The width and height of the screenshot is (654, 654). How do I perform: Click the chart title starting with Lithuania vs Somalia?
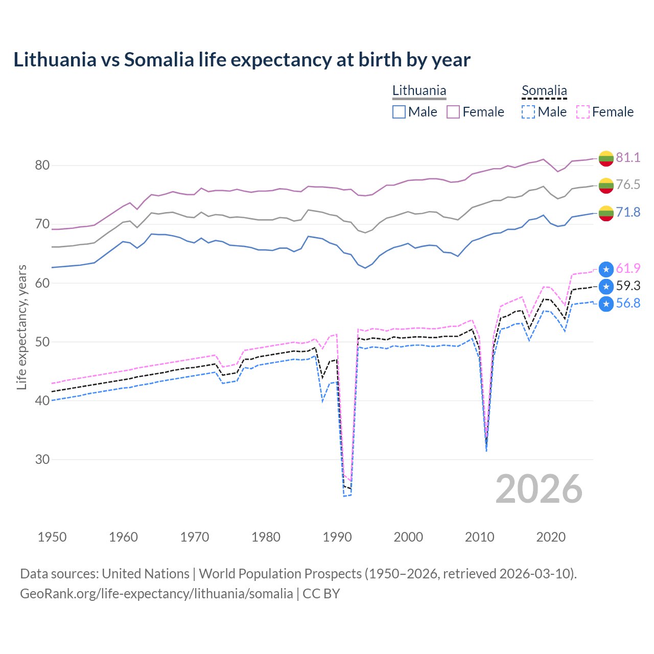click(242, 60)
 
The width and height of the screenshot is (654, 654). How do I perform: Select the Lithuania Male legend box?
click(399, 112)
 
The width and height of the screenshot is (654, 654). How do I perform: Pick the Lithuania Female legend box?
click(453, 112)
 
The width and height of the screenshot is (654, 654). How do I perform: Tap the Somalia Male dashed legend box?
click(528, 112)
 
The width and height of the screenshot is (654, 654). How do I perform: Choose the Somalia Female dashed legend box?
click(582, 112)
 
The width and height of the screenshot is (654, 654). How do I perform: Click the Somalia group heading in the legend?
click(544, 91)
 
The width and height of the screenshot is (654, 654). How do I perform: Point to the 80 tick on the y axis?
click(42, 165)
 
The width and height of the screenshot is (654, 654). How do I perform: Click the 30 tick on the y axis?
click(42, 459)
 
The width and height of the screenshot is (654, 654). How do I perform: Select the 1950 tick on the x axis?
click(52, 537)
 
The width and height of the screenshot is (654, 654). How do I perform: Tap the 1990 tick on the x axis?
click(337, 537)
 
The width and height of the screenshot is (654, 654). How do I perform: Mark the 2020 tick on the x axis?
click(551, 537)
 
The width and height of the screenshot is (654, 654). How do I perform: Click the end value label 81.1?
click(628, 157)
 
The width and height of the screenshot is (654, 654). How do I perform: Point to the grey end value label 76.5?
click(628, 184)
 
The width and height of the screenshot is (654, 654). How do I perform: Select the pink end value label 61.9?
click(628, 268)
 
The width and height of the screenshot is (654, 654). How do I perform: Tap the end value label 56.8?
click(628, 303)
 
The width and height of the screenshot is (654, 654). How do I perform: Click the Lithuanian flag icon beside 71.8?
click(606, 213)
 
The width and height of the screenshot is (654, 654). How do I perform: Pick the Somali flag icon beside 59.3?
click(606, 286)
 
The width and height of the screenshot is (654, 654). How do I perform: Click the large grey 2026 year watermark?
click(539, 489)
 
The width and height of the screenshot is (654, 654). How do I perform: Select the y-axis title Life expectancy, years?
click(21, 327)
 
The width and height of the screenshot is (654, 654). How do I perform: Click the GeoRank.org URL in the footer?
click(156, 594)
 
